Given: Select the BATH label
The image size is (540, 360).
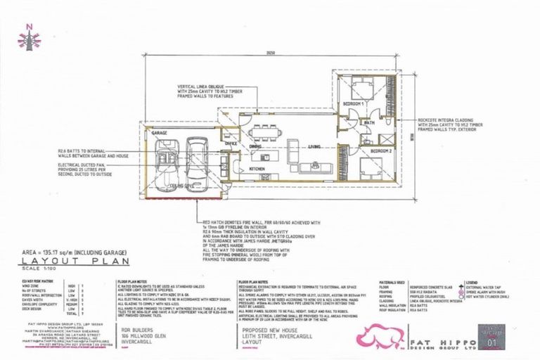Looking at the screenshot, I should tap(369, 122).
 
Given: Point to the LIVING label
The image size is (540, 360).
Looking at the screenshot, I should tap(314, 146).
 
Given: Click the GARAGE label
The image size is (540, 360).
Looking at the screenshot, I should tap(158, 133).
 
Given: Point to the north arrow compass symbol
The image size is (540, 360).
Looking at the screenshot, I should tap(29, 39).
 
